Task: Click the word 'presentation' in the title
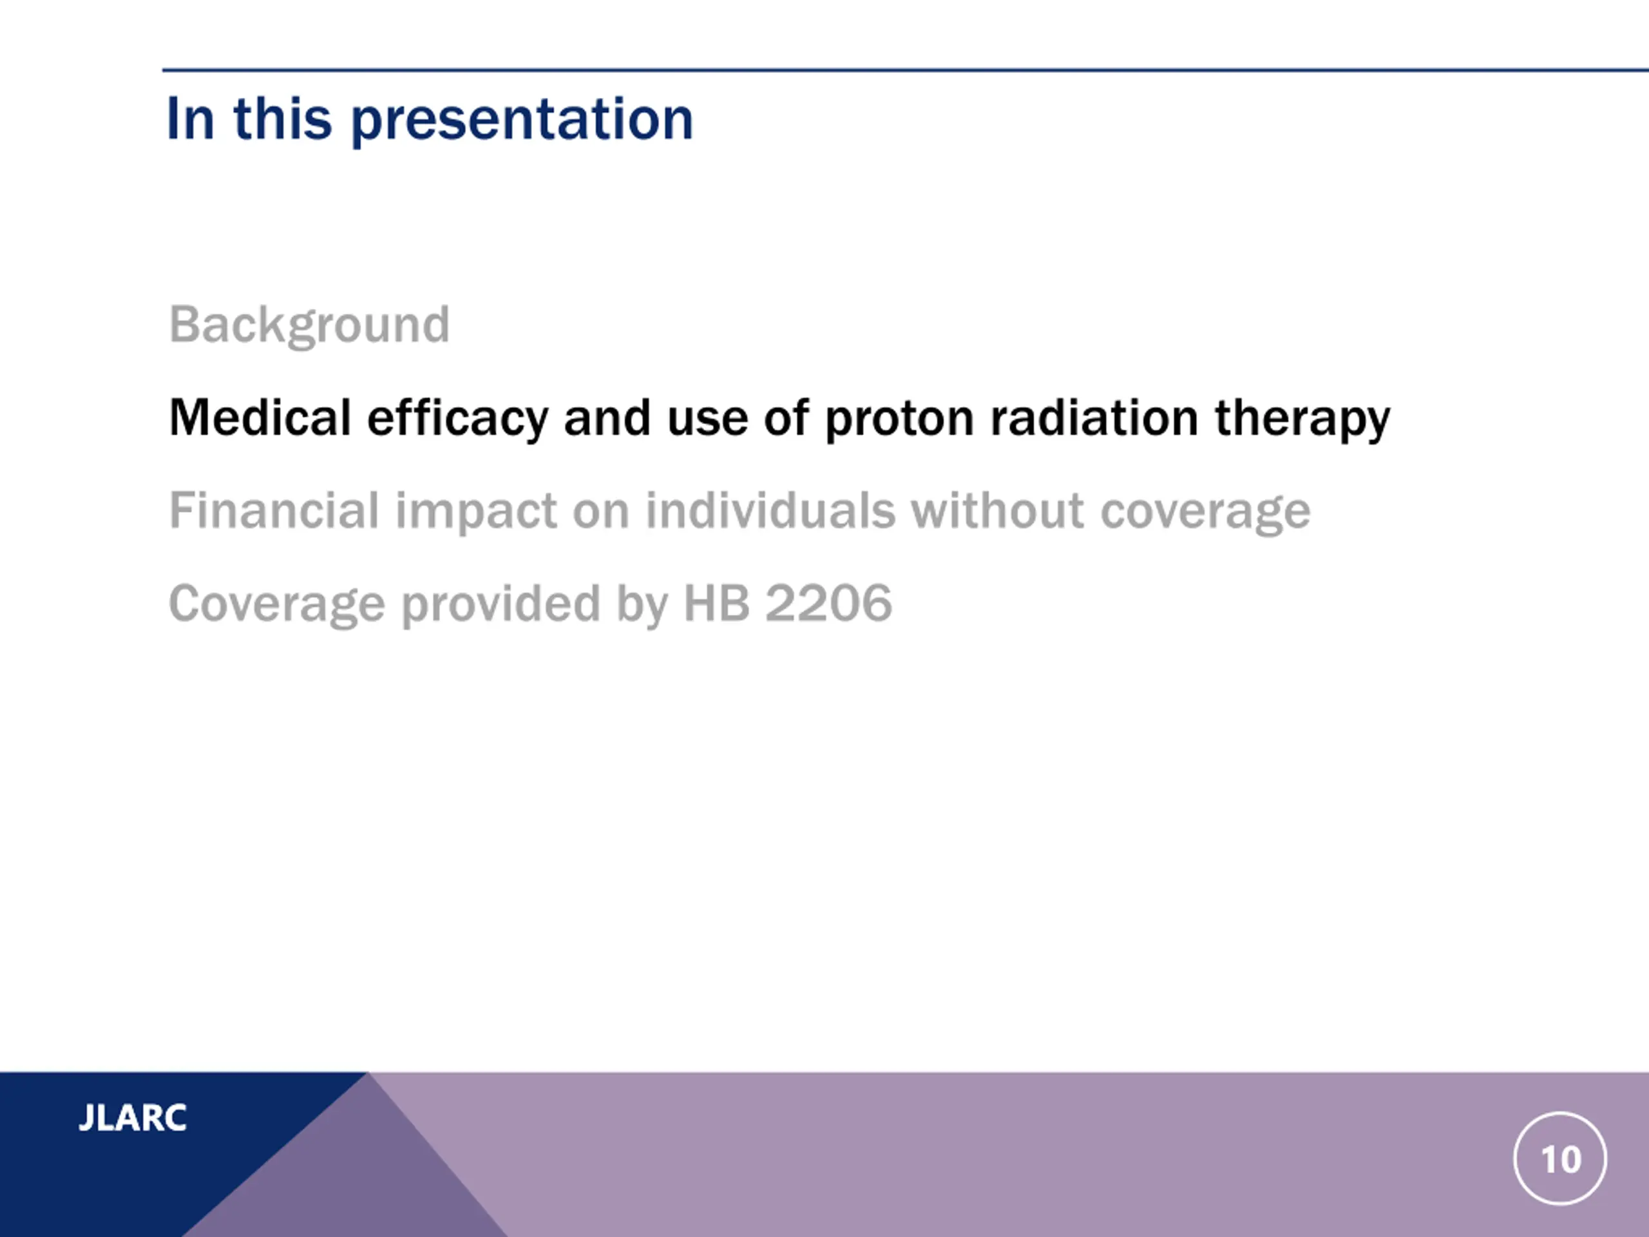pyautogui.click(x=522, y=120)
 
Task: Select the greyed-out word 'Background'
pyautogui.click(x=309, y=326)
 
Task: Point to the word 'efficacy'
pyautogui.click(x=458, y=419)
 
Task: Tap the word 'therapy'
pyautogui.click(x=1303, y=419)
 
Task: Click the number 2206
pyautogui.click(x=829, y=602)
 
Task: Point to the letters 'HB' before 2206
pyautogui.click(x=716, y=602)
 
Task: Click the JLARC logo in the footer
pyautogui.click(x=133, y=1118)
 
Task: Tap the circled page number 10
pyautogui.click(x=1560, y=1158)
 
